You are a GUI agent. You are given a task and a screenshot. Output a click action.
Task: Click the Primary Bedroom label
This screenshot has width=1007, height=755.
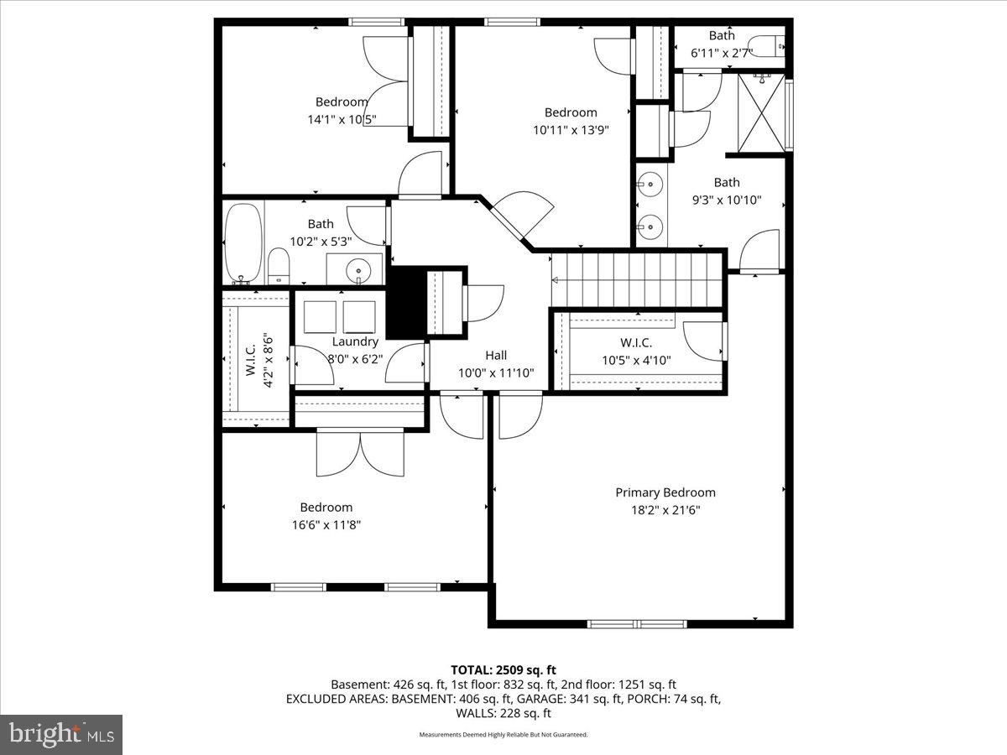tap(665, 492)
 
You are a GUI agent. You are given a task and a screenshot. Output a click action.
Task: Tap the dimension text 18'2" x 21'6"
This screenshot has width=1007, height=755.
tap(665, 510)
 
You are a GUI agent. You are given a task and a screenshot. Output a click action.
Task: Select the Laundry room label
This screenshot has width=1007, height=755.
tap(355, 341)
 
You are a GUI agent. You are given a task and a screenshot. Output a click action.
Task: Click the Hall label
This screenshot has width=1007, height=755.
tap(496, 356)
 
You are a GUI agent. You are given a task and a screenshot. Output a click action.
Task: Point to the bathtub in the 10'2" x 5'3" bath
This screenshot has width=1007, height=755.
tap(244, 242)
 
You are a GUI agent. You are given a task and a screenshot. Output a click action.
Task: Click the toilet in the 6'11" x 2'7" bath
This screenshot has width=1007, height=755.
tap(768, 44)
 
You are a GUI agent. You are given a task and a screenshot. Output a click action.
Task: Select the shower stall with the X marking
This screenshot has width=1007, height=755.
tap(763, 113)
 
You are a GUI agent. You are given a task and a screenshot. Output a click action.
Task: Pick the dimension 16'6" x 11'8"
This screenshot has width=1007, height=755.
tap(326, 525)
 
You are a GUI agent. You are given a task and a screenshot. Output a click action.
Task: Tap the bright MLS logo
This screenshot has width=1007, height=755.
tap(60, 735)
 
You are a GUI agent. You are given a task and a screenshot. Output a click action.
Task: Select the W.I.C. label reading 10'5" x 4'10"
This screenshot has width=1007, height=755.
tap(636, 351)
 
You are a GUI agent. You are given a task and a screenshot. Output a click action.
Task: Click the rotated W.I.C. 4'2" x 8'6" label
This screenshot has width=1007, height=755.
tap(259, 359)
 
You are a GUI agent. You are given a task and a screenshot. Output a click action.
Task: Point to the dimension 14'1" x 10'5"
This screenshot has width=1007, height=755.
tap(341, 120)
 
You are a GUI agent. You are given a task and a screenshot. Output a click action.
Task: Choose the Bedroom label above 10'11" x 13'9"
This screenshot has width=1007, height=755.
tap(571, 112)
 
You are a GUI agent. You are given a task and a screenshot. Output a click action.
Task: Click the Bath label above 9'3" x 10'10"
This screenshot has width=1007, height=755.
tap(727, 182)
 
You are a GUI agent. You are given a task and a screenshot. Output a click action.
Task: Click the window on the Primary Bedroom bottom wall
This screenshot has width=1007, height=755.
tap(637, 624)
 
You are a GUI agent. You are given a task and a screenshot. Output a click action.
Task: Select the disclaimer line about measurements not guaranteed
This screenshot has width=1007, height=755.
tap(503, 735)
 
